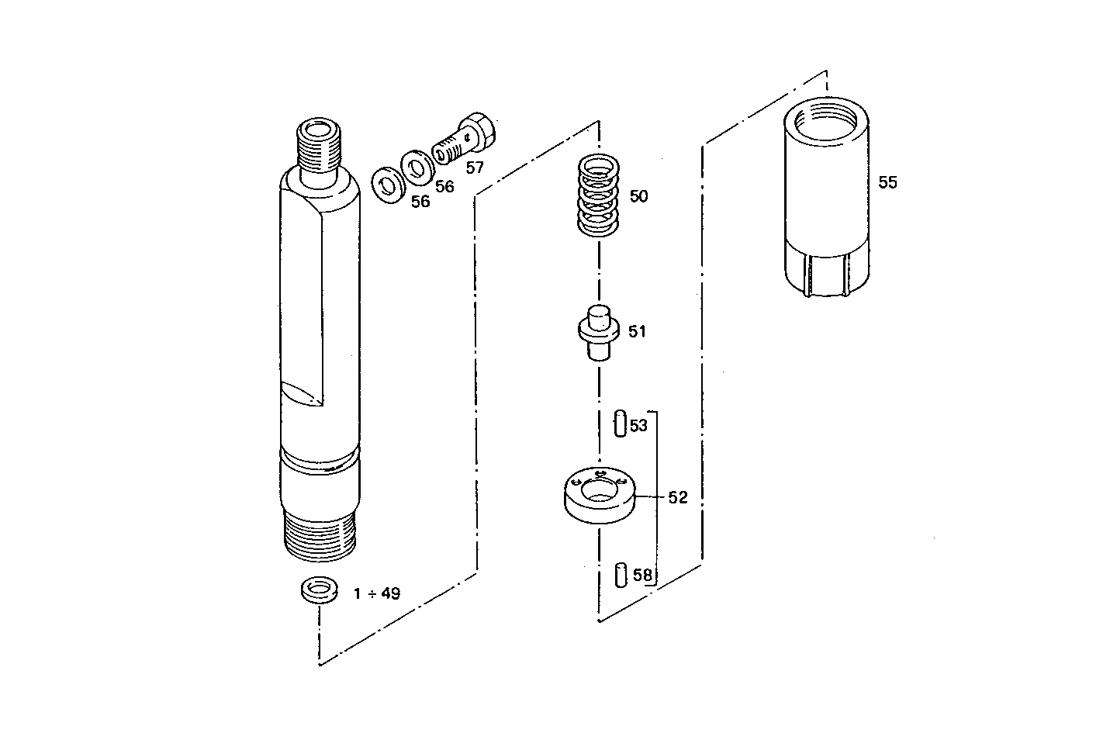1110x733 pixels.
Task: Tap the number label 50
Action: (638, 196)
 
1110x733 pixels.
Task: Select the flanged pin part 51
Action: (598, 331)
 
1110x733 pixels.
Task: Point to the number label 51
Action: (637, 332)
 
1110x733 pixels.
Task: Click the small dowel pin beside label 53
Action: (620, 424)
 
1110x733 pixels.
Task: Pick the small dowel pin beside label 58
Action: (620, 575)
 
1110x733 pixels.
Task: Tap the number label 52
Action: (678, 497)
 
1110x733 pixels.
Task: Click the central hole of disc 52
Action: (598, 489)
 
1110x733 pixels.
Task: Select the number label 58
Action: (643, 575)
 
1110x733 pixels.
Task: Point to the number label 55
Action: (887, 182)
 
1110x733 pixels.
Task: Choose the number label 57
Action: (474, 168)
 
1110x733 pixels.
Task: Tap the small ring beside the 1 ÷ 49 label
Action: (318, 590)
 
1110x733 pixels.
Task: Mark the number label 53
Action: (638, 426)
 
